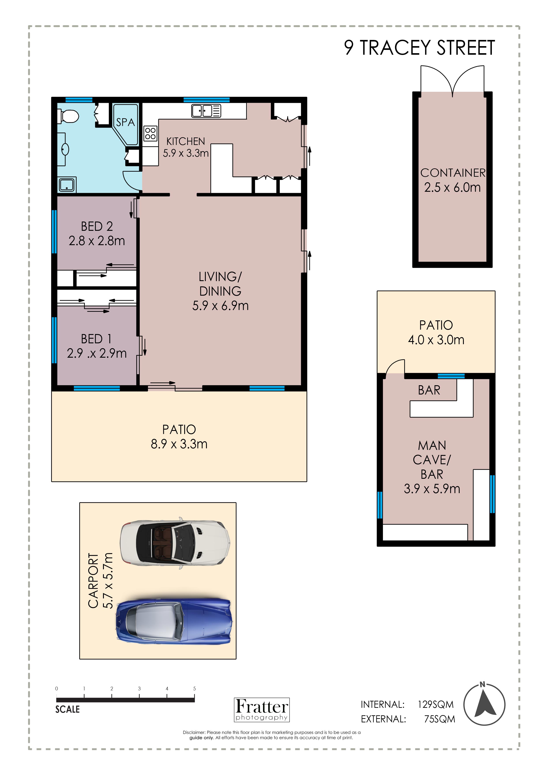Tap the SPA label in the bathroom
tap(125, 122)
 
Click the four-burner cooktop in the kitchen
tap(150, 133)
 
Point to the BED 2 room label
tap(97, 226)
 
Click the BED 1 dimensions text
tap(97, 353)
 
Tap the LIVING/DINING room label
tap(220, 284)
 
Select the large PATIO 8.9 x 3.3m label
tap(179, 437)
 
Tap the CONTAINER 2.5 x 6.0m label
tap(453, 180)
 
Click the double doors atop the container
tap(452, 80)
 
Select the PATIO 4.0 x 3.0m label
tap(436, 332)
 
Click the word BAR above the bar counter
tap(429, 390)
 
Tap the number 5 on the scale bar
tap(195, 688)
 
